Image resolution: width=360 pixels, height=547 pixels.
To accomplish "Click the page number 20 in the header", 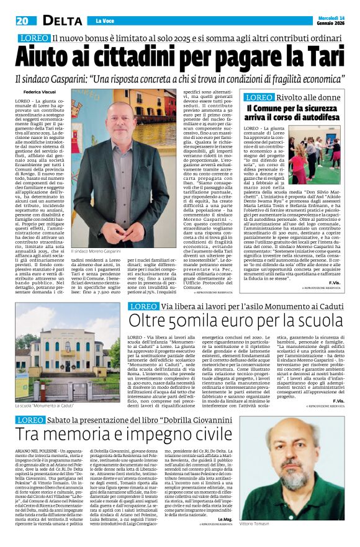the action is point(22,20).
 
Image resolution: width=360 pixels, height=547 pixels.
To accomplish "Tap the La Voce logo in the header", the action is point(100,20).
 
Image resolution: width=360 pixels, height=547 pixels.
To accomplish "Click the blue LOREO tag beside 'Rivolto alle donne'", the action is point(261,97).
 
